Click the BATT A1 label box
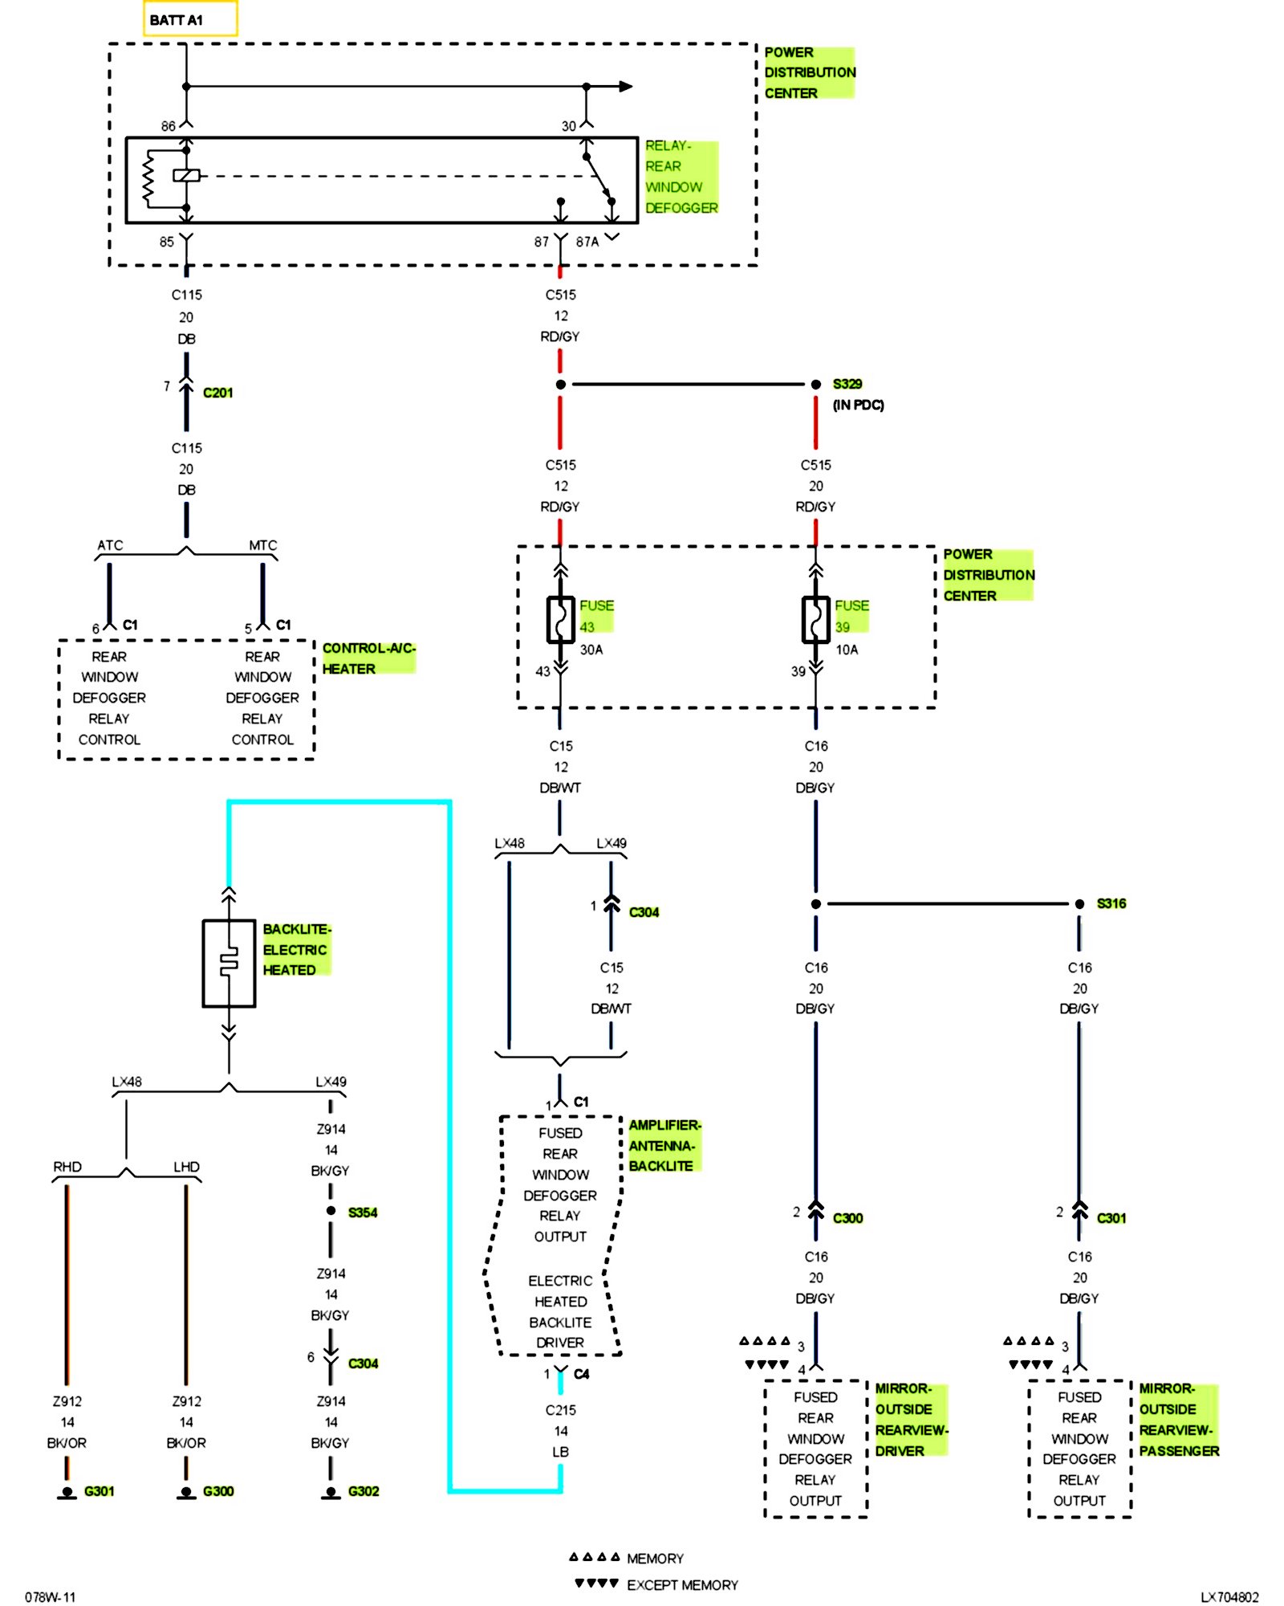190,19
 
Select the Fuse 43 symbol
560,619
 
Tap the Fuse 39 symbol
815,619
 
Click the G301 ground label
99,1491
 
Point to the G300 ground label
218,1491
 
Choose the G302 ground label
364,1491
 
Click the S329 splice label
847,384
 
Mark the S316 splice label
1111,903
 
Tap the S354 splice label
363,1213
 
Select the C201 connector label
217,393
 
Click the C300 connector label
847,1218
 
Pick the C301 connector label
1111,1218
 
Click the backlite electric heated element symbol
229,963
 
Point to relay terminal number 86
168,126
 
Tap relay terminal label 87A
587,242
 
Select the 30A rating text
591,650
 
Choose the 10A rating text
847,650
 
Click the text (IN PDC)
858,405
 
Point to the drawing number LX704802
1229,1597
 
